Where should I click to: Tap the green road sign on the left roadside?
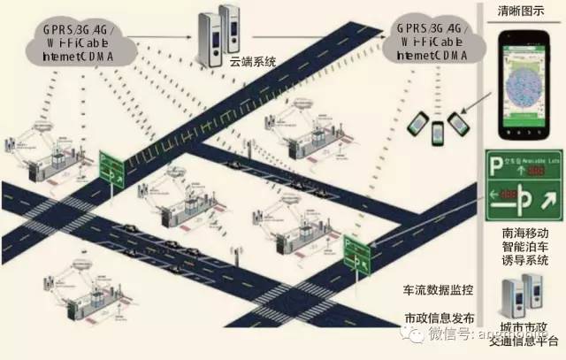tap(111, 165)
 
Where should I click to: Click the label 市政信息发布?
tap(439, 318)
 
